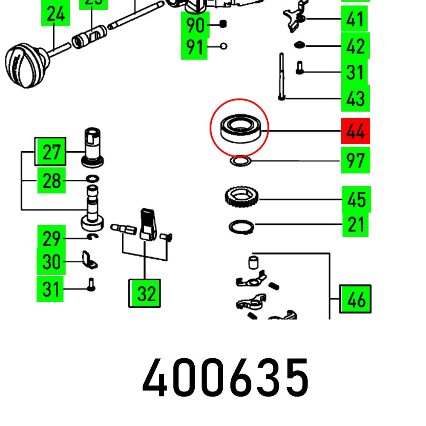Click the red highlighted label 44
[355, 131]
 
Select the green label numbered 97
[355, 161]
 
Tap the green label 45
[356, 199]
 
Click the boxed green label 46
[356, 300]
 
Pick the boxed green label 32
[145, 293]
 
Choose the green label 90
[195, 26]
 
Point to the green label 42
[355, 46]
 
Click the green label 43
[355, 98]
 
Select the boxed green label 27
[51, 152]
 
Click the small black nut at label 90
[222, 24]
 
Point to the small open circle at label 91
[224, 46]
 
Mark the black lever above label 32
[146, 224]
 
